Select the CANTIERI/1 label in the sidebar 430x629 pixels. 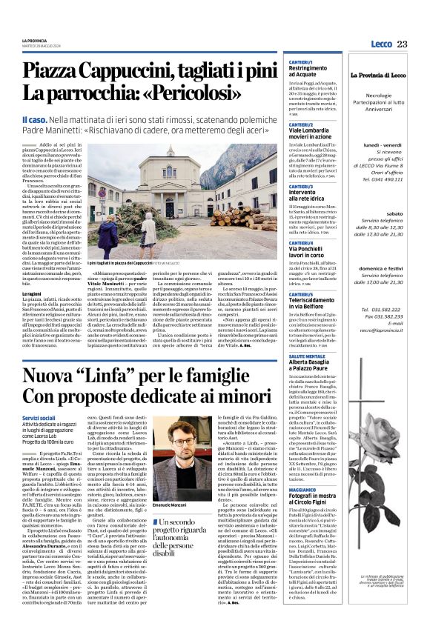pos(301,61)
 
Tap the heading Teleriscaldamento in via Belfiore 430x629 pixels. pos(317,302)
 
